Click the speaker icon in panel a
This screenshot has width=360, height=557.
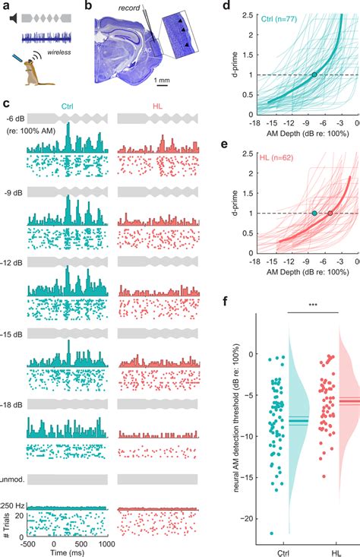click(x=15, y=17)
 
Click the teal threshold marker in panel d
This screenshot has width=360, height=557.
click(x=314, y=74)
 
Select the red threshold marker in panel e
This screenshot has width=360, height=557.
click(x=330, y=213)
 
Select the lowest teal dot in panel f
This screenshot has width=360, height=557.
click(x=271, y=533)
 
